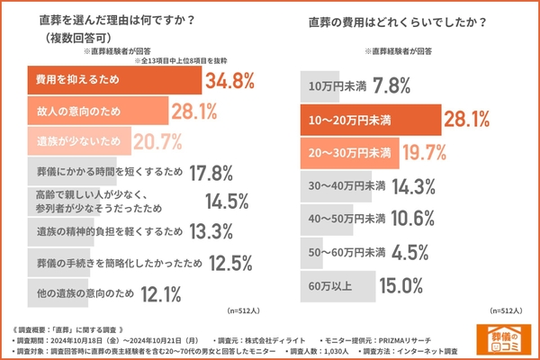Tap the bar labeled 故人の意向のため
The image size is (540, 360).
tap(90, 111)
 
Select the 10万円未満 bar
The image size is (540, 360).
tap(328, 86)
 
